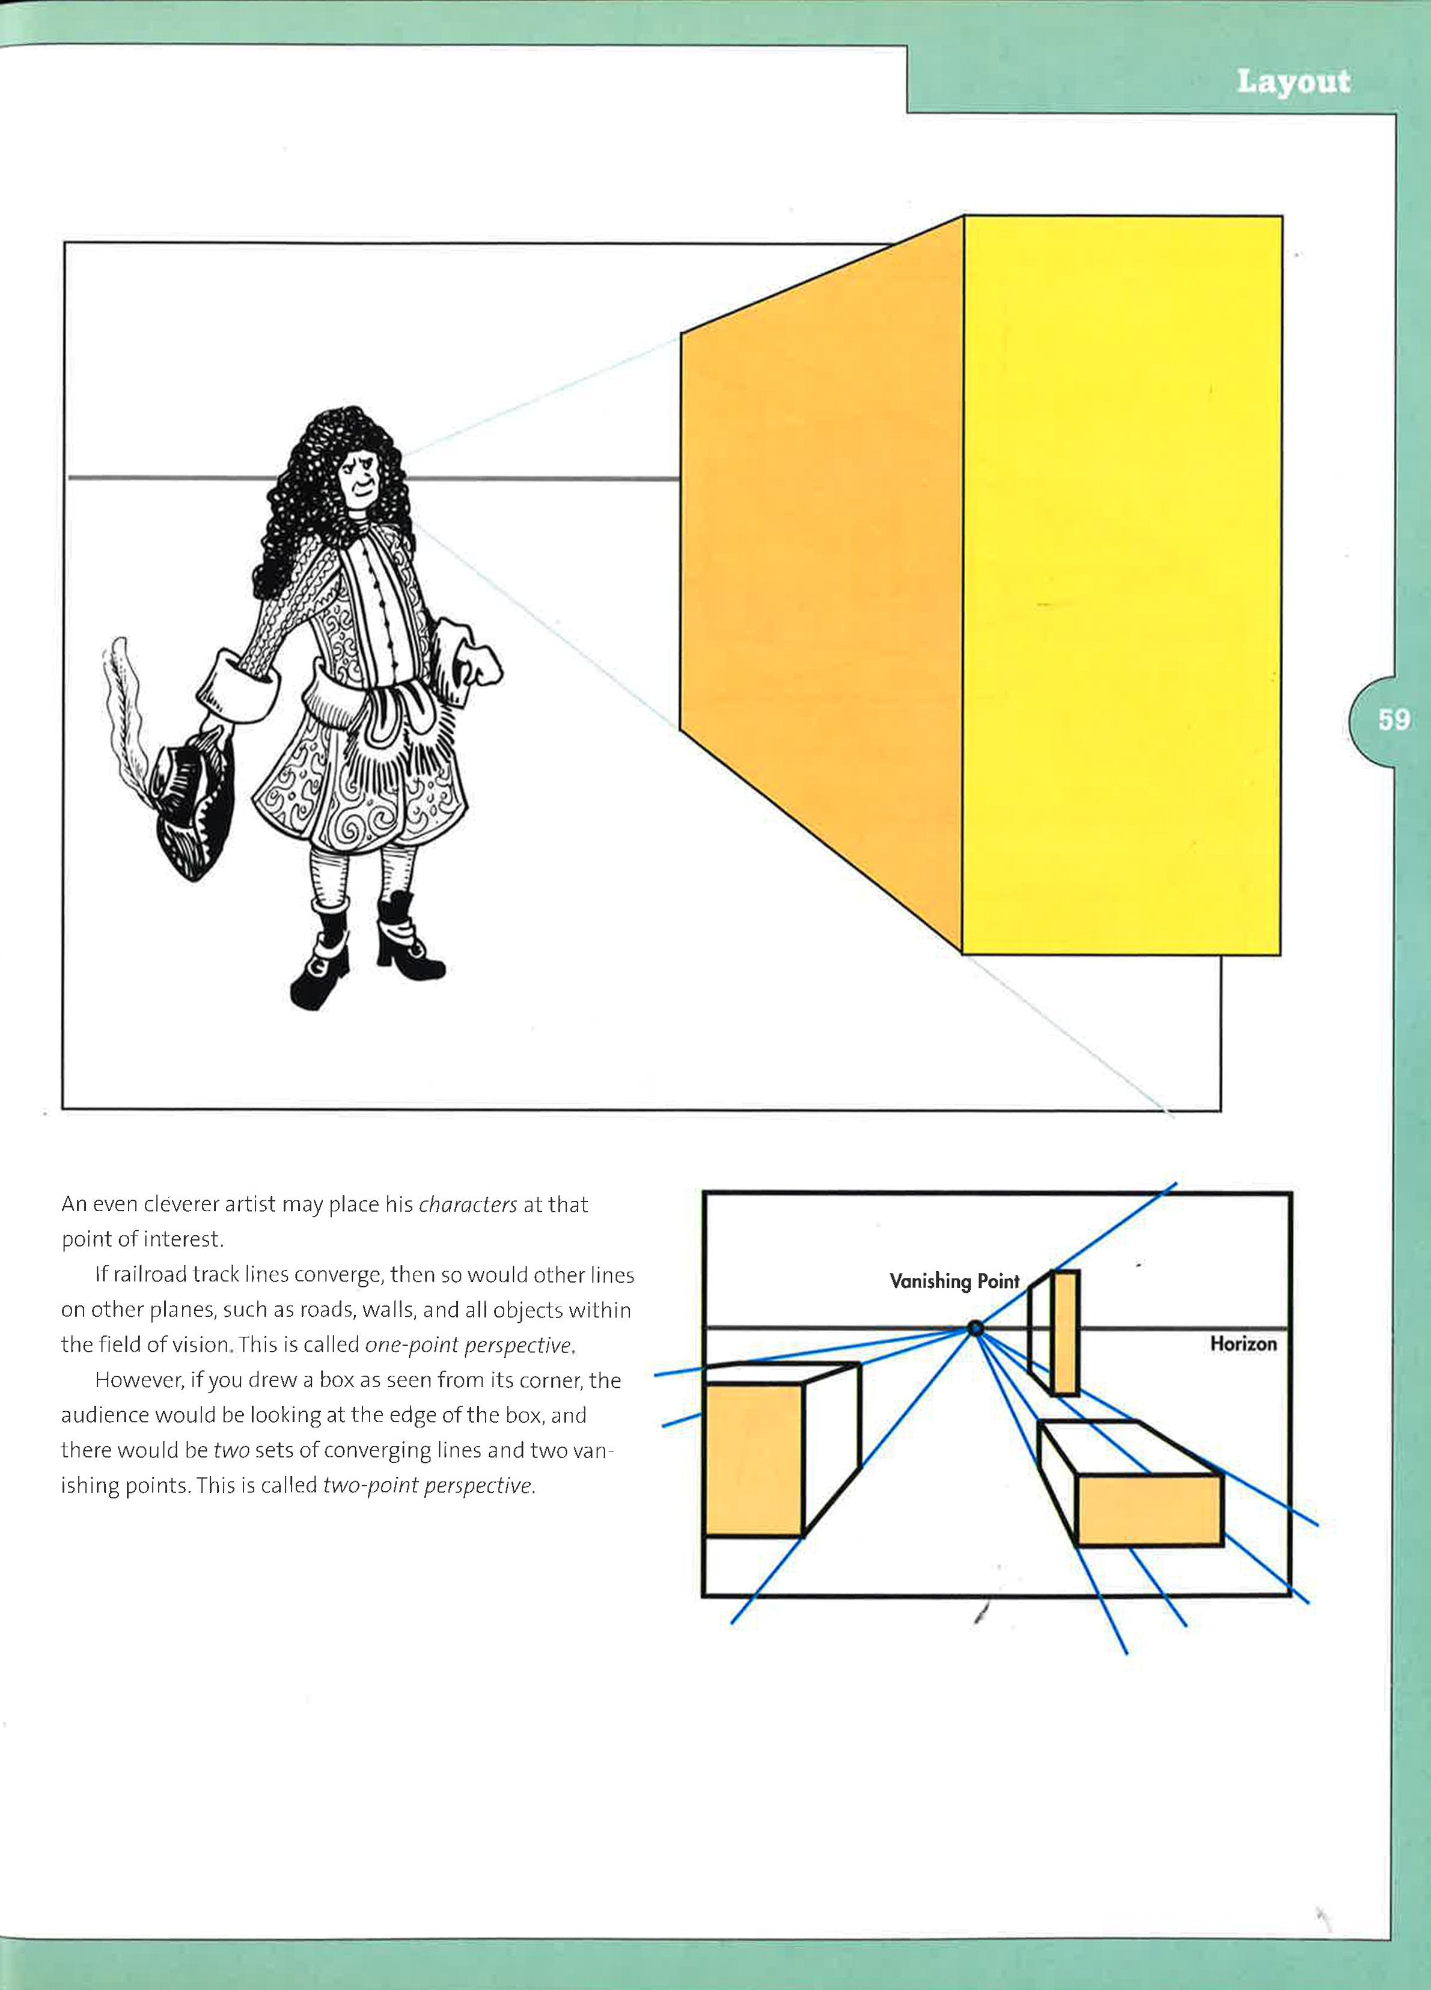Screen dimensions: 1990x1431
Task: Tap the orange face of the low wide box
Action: tap(1149, 1509)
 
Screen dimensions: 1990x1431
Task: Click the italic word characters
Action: tap(468, 1204)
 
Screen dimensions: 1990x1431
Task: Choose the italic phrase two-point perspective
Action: tap(427, 1486)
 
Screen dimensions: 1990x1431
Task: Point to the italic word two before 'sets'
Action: tap(231, 1450)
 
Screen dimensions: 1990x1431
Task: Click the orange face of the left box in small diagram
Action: tap(754, 1459)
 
